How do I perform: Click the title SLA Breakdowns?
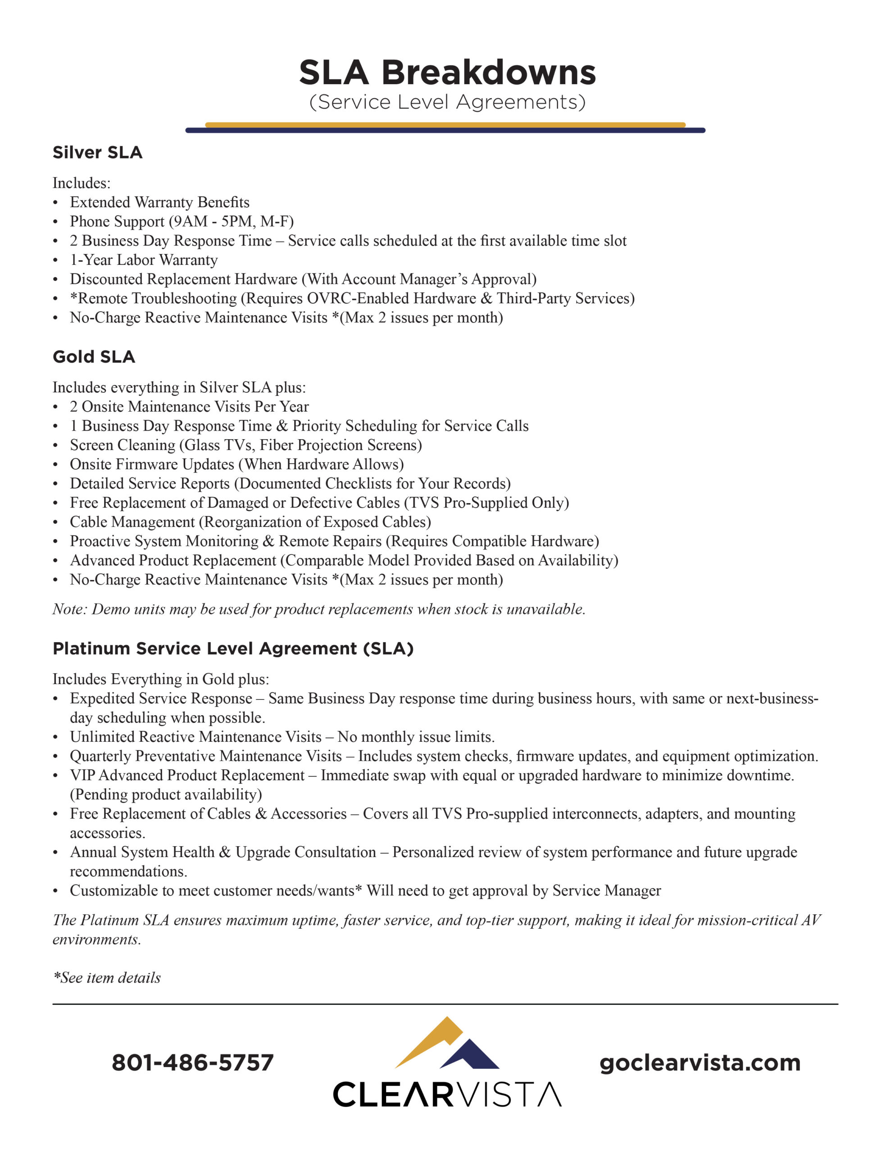[x=447, y=73]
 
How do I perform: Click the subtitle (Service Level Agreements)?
[x=447, y=102]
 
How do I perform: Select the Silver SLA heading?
[x=97, y=153]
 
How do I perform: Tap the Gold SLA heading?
[x=94, y=357]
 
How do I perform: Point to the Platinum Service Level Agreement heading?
[x=232, y=648]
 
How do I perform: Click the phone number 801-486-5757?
[x=193, y=1063]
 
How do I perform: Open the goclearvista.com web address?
[x=700, y=1063]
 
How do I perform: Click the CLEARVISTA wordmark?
[x=447, y=1095]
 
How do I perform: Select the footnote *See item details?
[x=107, y=978]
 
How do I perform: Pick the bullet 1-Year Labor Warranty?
[x=144, y=260]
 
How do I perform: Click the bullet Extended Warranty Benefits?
[x=159, y=202]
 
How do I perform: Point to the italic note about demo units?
[x=318, y=609]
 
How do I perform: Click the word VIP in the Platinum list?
[x=82, y=775]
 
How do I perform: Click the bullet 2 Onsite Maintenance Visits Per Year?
[x=189, y=407]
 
